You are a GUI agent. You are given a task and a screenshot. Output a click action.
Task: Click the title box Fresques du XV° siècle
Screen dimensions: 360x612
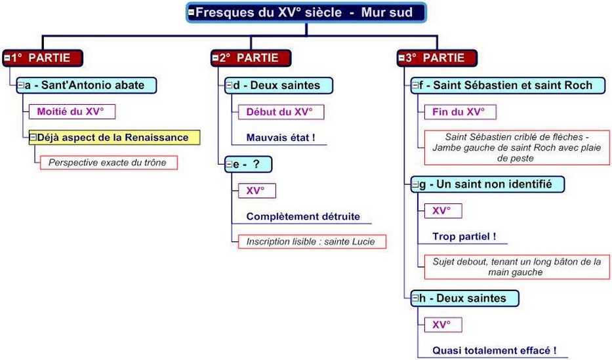coord(306,12)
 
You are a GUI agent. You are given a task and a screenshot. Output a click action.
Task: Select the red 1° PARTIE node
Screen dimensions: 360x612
coord(43,58)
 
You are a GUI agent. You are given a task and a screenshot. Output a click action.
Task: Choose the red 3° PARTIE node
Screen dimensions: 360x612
coord(438,58)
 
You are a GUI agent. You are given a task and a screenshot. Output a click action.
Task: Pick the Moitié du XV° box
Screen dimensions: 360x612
coord(70,111)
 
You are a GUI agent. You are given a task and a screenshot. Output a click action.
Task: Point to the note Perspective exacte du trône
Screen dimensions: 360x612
coord(108,162)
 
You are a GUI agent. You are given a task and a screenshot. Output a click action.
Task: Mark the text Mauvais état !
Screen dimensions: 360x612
coord(281,138)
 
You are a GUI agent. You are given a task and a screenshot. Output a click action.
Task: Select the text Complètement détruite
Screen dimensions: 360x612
coord(303,216)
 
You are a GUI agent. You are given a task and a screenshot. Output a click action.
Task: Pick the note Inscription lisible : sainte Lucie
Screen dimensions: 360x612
coord(311,241)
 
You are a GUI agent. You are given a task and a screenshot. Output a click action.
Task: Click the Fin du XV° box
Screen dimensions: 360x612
coord(459,111)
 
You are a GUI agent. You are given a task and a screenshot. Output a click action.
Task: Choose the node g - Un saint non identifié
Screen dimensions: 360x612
coord(488,184)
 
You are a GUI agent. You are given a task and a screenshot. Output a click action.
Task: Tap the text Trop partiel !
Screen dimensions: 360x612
coord(464,236)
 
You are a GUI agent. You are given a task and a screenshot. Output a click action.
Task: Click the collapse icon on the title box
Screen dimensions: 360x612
coord(191,12)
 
